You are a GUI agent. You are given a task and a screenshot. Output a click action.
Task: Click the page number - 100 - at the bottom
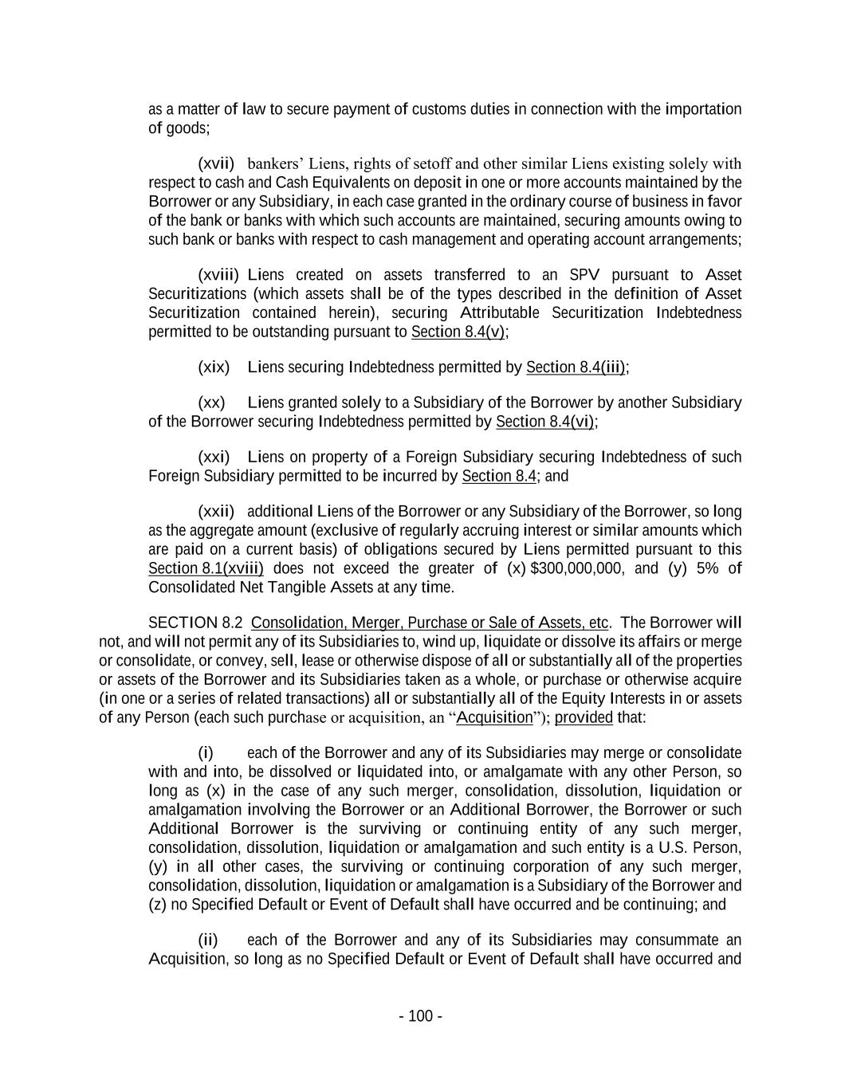tap(420, 1016)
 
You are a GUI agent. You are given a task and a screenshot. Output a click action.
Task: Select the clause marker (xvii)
tap(216, 164)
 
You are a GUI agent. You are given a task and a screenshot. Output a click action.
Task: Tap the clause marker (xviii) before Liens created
tap(218, 275)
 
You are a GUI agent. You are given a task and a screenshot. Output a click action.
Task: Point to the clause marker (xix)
tap(214, 367)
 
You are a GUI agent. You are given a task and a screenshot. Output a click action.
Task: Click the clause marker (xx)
tap(211, 403)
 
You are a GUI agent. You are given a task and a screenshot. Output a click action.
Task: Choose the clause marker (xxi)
tap(214, 458)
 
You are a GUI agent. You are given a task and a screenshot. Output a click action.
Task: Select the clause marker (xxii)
tap(216, 512)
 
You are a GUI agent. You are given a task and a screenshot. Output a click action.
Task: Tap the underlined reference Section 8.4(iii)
tap(576, 367)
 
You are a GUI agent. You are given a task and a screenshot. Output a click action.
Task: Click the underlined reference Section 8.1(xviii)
tap(206, 569)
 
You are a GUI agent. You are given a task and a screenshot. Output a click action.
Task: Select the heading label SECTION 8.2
tap(195, 623)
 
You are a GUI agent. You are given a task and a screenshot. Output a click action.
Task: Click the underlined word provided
tap(584, 718)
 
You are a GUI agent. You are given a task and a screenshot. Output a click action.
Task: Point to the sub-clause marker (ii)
tap(208, 941)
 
